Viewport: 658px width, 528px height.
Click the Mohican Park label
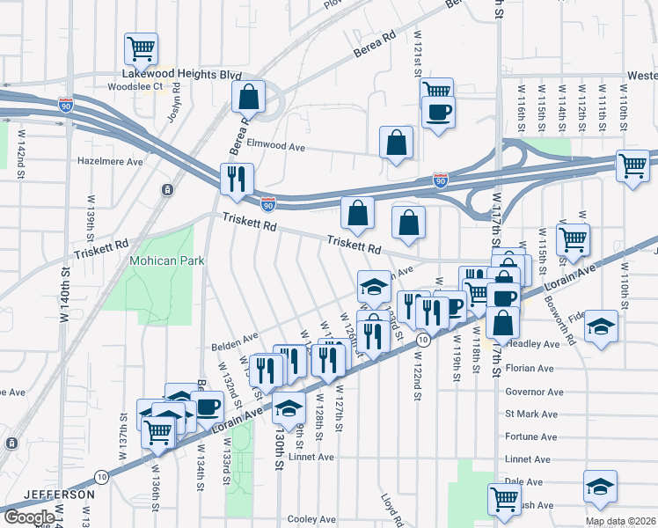point(166,260)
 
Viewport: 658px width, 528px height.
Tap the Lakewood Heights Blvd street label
point(181,76)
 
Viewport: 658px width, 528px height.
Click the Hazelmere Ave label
point(110,162)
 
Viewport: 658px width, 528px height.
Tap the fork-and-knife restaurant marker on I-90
point(237,179)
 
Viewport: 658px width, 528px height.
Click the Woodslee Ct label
point(135,86)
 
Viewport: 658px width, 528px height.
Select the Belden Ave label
point(234,337)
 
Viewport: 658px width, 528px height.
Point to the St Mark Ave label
point(530,414)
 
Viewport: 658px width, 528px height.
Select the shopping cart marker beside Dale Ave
point(504,499)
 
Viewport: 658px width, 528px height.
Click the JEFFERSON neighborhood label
point(59,495)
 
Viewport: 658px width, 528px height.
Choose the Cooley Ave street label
point(312,519)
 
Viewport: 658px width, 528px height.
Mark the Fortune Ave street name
point(530,436)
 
